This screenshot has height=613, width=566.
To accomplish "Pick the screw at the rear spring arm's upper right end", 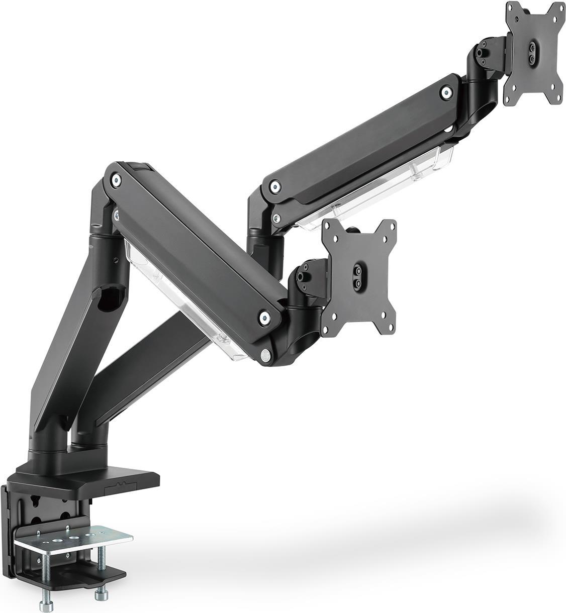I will click(445, 91).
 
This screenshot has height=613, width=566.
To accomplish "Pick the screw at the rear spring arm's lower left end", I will click(274, 186).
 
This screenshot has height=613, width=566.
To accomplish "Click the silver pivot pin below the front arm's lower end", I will click(264, 355).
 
